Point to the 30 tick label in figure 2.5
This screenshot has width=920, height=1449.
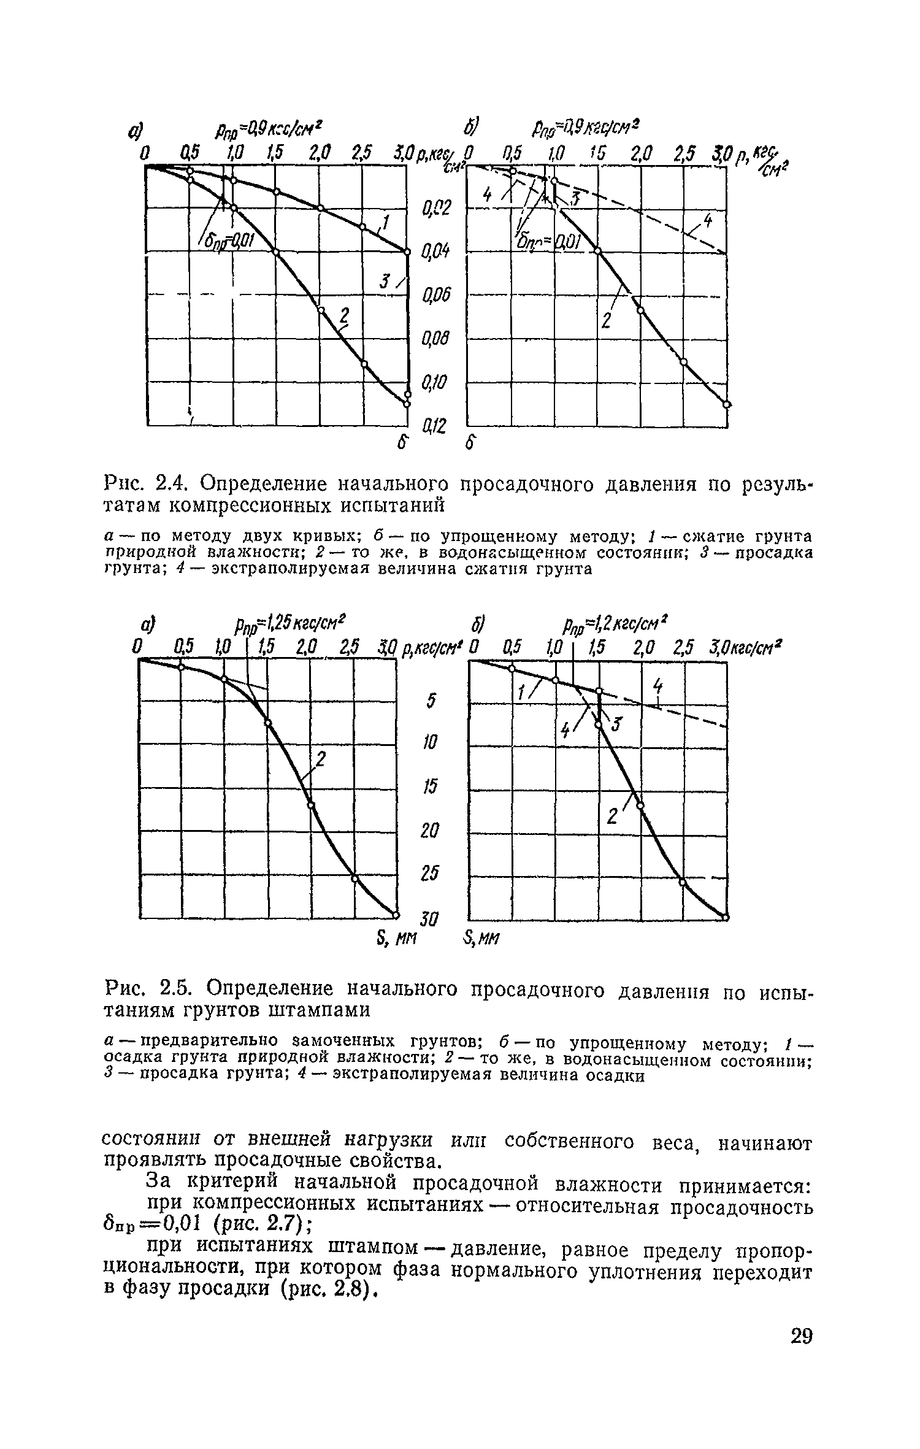click(430, 918)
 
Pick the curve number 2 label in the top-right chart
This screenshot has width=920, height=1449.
click(607, 320)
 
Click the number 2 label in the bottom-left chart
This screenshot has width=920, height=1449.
click(320, 761)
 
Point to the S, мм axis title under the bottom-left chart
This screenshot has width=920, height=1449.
click(394, 937)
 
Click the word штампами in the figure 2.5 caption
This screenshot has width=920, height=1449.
click(325, 1010)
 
